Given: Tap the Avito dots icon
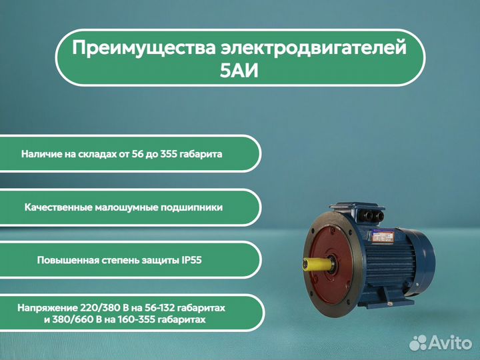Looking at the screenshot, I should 418,343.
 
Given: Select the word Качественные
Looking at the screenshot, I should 57,207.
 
